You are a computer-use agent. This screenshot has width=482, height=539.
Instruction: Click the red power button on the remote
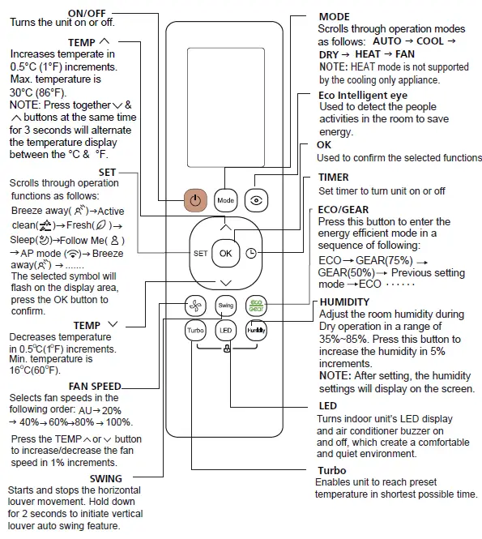tap(195, 199)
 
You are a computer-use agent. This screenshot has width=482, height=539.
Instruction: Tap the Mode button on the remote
tap(225, 199)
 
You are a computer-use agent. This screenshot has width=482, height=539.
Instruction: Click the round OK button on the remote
tap(225, 253)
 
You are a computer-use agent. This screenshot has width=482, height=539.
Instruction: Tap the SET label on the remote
tap(200, 254)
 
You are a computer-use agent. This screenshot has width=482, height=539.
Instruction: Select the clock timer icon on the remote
tap(252, 253)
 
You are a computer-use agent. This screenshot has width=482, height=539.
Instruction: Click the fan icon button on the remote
tap(195, 305)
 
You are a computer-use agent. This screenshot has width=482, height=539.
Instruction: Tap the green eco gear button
tap(255, 305)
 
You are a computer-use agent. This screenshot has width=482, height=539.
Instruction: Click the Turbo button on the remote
tap(195, 330)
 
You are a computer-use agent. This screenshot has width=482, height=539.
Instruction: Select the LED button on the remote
tap(225, 330)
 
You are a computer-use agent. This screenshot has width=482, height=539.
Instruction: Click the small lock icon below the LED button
tap(225, 349)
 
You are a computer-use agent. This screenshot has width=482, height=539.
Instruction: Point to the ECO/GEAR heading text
tap(344, 209)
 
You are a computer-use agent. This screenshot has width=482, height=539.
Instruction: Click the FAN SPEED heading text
tap(95, 386)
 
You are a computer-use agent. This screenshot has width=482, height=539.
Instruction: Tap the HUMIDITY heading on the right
tap(344, 302)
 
